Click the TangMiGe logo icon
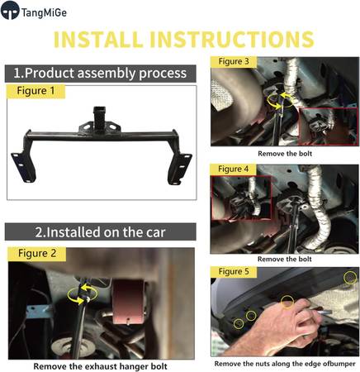pos(10,11)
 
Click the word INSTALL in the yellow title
pos(97,40)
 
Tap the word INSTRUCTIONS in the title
pos(231,40)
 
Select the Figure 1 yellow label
pos(36,91)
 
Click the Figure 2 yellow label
pos(37,254)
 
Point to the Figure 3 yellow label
pos(234,61)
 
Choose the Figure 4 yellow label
pos(233,169)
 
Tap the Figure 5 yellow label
pos(234,272)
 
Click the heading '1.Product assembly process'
pos(100,74)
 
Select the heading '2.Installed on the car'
pos(100,232)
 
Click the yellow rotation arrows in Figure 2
pos(83,294)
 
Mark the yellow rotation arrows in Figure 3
pos(280,101)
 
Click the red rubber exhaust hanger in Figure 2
pos(128,301)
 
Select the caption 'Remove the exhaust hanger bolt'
pos(100,366)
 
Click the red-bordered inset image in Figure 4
pos(241,198)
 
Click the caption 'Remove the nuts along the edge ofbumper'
pos(285,364)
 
